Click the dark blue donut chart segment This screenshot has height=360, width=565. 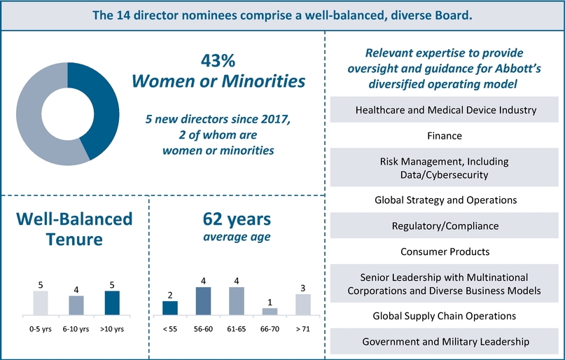94,112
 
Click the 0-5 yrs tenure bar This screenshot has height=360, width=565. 41,303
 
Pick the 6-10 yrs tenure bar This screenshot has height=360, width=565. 76,305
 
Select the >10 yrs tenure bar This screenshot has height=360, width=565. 111,303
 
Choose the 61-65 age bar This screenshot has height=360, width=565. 237,300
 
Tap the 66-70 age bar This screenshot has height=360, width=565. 270,311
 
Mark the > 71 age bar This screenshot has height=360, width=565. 302,304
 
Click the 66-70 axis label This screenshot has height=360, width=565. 270,327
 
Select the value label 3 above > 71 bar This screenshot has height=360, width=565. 302,288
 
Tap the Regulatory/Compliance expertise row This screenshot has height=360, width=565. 445,226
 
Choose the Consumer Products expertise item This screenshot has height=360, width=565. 445,251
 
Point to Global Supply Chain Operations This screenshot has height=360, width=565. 445,317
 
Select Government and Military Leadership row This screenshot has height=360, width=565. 445,341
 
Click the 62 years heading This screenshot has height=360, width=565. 237,219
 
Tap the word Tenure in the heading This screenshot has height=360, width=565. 74,240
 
